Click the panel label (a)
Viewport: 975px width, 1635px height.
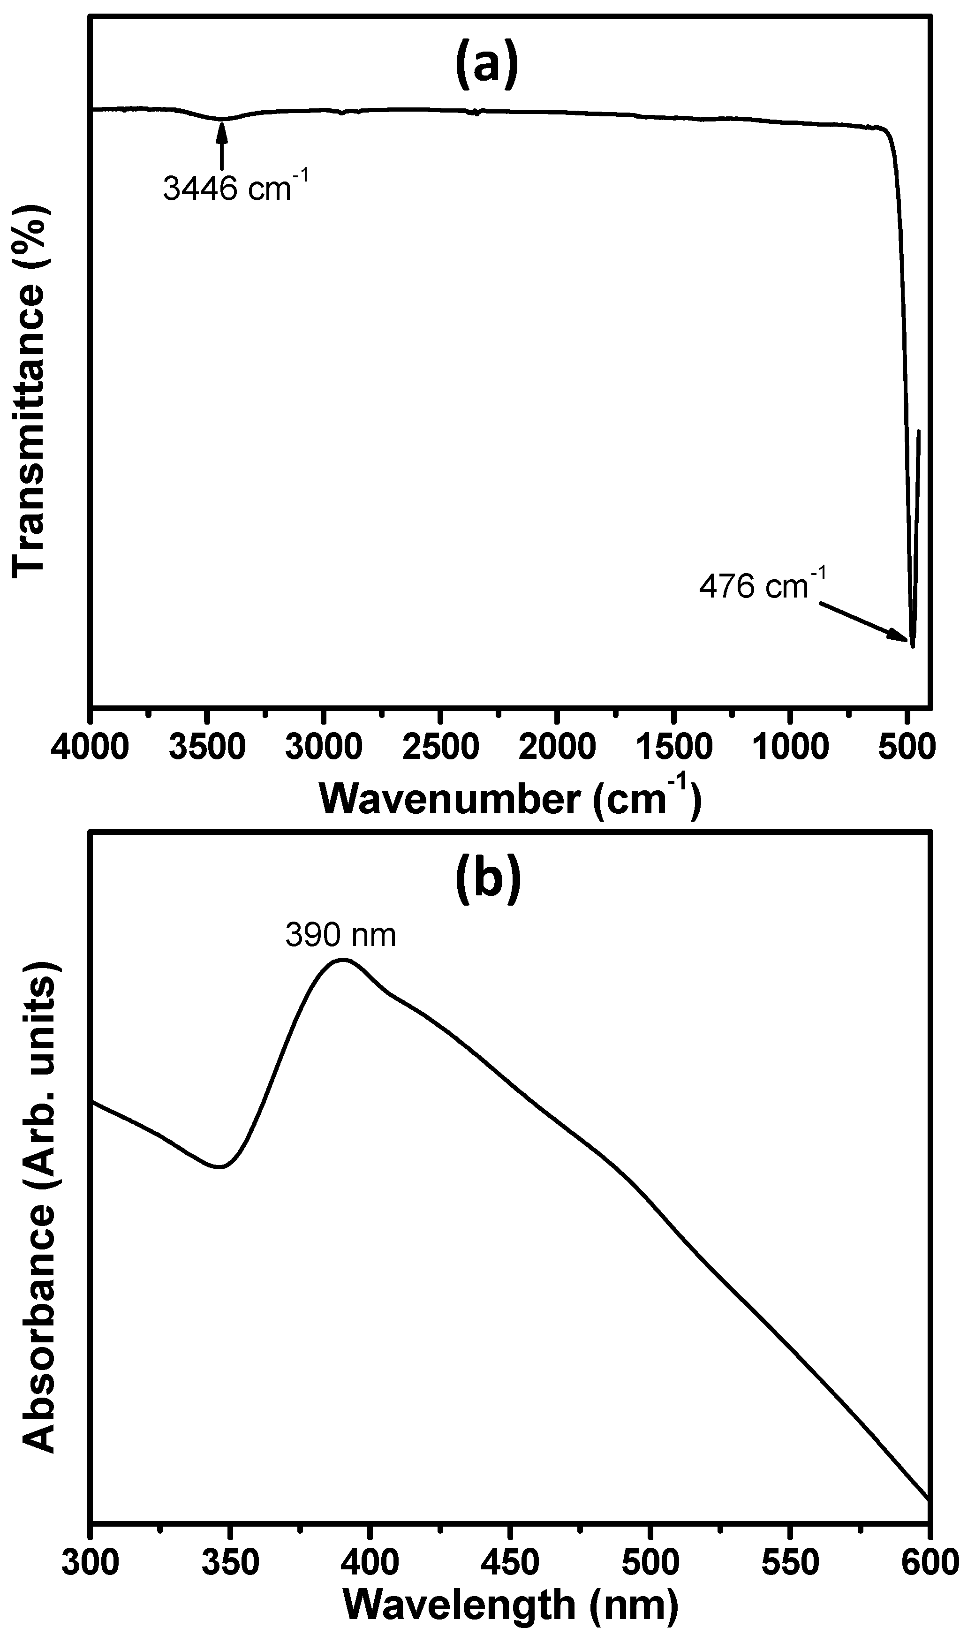486,64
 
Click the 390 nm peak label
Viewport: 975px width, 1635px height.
340,934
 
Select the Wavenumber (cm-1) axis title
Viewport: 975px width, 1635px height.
510,799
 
